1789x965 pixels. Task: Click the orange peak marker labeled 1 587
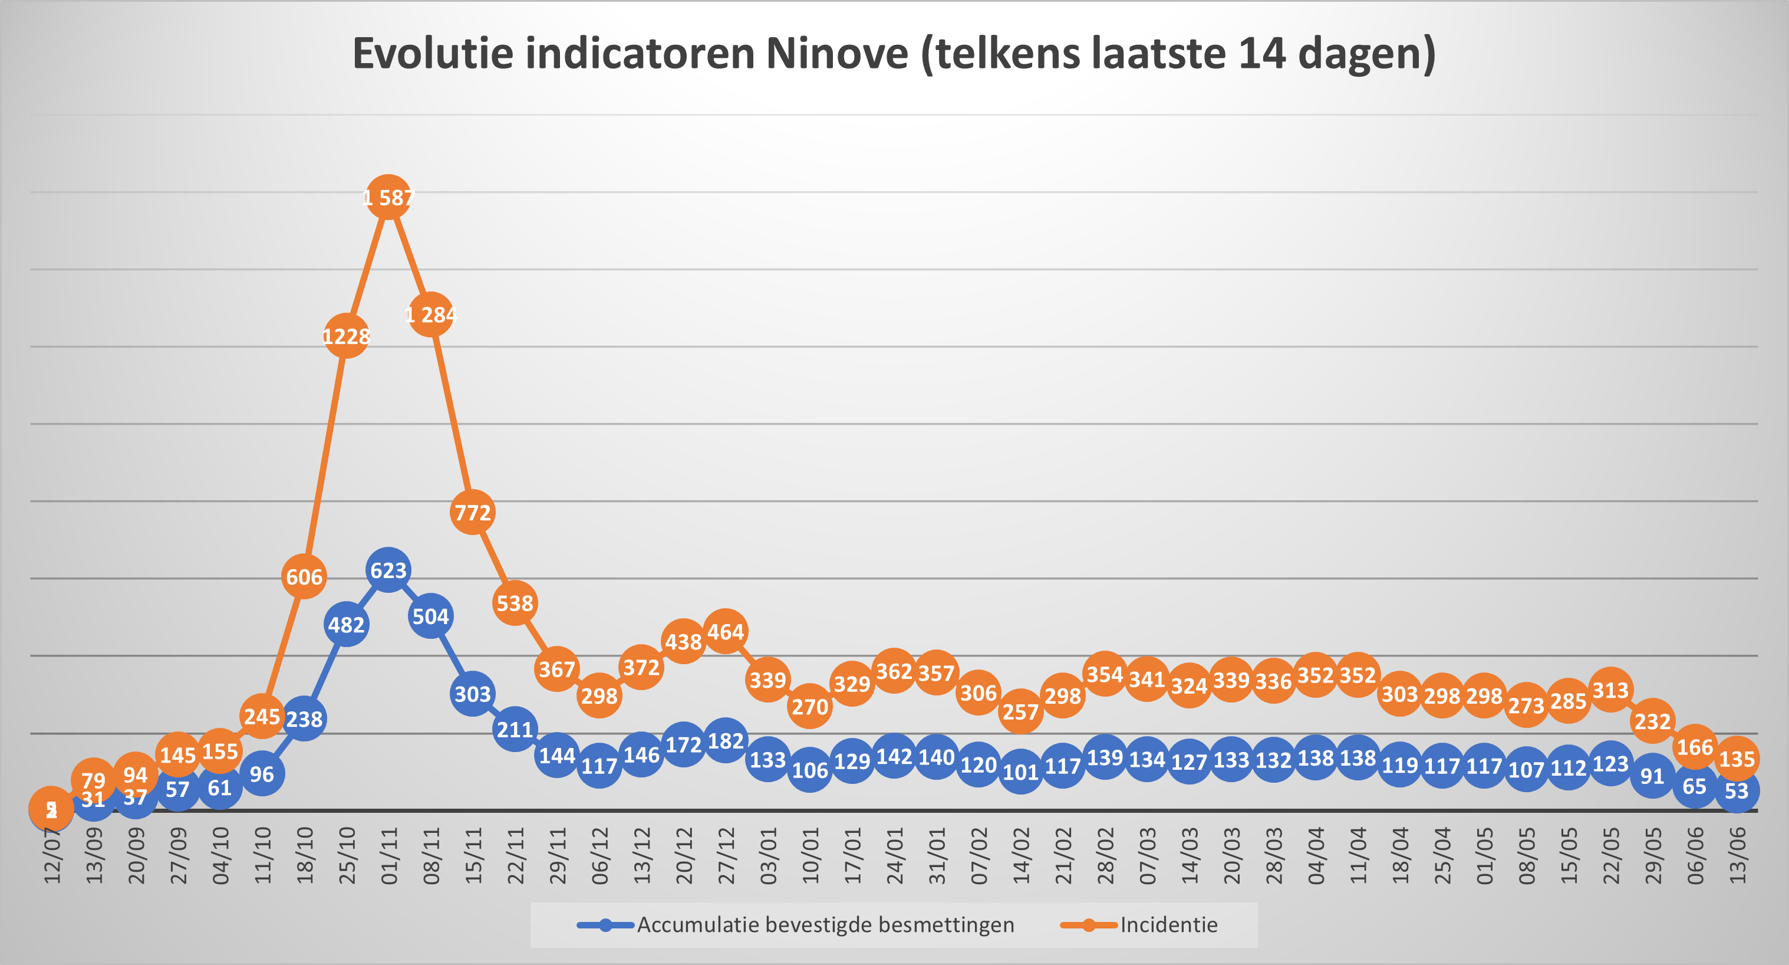click(388, 198)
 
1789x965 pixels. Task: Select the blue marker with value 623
click(388, 570)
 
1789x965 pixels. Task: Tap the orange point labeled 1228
click(346, 336)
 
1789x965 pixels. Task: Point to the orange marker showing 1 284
click(430, 315)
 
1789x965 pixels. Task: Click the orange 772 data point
click(472, 512)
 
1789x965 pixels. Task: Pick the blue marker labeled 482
click(346, 625)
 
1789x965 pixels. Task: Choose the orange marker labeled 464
click(725, 632)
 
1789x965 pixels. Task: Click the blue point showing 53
click(1736, 790)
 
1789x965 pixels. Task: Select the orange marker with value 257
click(1020, 711)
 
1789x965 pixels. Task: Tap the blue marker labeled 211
click(515, 729)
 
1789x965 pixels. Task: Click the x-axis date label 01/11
click(390, 856)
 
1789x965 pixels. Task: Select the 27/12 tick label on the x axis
click(726, 856)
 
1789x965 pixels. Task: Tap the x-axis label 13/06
click(1738, 856)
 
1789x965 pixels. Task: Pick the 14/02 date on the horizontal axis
click(1022, 856)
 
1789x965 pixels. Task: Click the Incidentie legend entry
click(1168, 925)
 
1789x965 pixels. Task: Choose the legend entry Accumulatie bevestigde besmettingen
click(825, 925)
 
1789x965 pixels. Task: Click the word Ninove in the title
click(837, 54)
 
